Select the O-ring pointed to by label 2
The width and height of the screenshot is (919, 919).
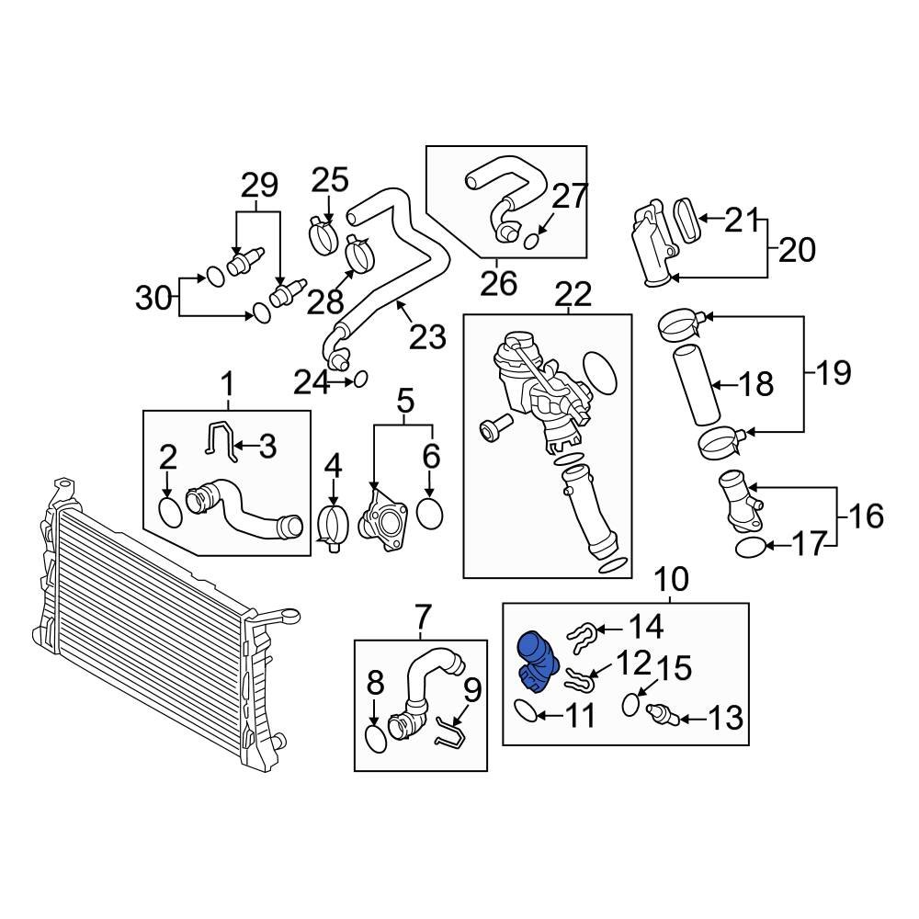pyautogui.click(x=171, y=512)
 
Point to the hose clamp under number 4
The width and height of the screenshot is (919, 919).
pyautogui.click(x=333, y=525)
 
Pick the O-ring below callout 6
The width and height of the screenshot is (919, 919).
pyautogui.click(x=429, y=512)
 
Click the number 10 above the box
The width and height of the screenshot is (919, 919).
pyautogui.click(x=672, y=579)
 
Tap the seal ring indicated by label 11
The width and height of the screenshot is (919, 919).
pyautogui.click(x=525, y=710)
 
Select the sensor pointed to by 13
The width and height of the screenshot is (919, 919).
pyautogui.click(x=663, y=715)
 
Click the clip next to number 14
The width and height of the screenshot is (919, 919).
pyautogui.click(x=582, y=637)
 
